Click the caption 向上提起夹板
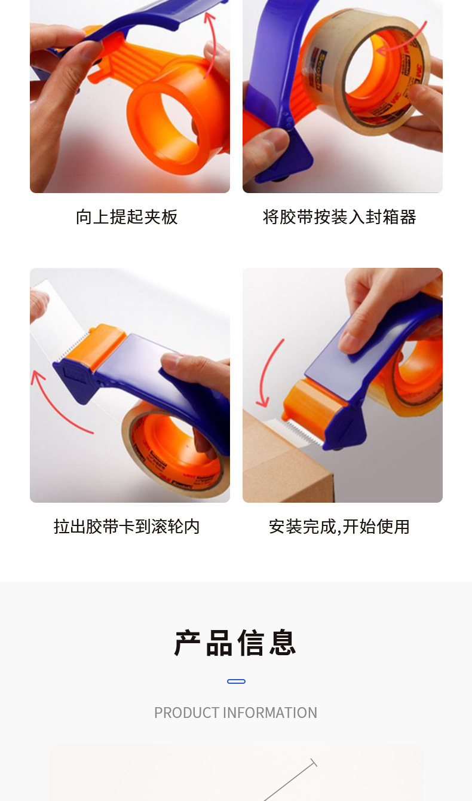tap(127, 216)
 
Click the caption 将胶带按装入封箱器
tap(339, 216)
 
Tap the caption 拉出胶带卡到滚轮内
tap(127, 526)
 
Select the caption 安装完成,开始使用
tap(339, 526)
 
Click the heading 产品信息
tap(236, 643)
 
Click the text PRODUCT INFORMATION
tap(235, 713)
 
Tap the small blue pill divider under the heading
tap(236, 681)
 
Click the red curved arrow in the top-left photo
tap(210, 42)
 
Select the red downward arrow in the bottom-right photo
tap(268, 371)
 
